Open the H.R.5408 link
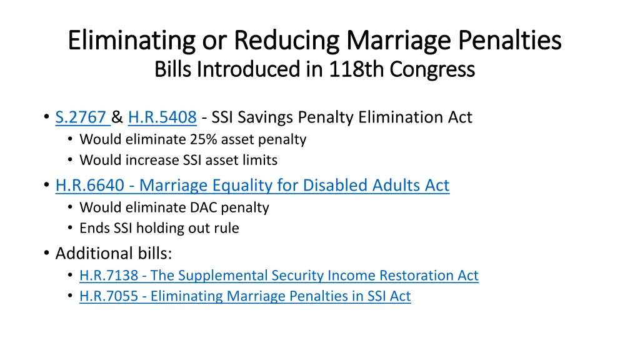point(162,117)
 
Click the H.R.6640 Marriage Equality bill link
point(252,186)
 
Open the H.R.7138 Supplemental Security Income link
point(279,276)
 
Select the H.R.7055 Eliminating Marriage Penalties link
point(245,296)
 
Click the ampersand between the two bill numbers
point(117,117)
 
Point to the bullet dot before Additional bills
point(47,254)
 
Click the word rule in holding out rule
point(226,228)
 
